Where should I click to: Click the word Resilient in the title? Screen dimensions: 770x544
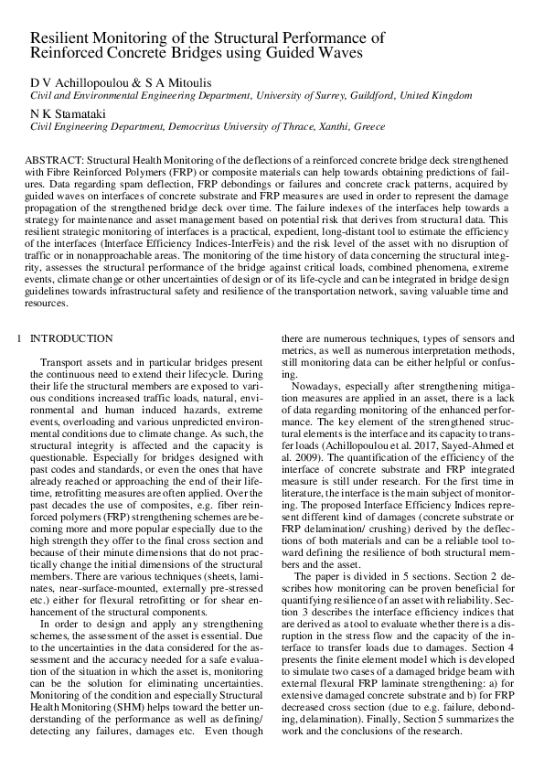click(x=61, y=37)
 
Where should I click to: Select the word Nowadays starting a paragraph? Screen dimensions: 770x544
click(x=315, y=386)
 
